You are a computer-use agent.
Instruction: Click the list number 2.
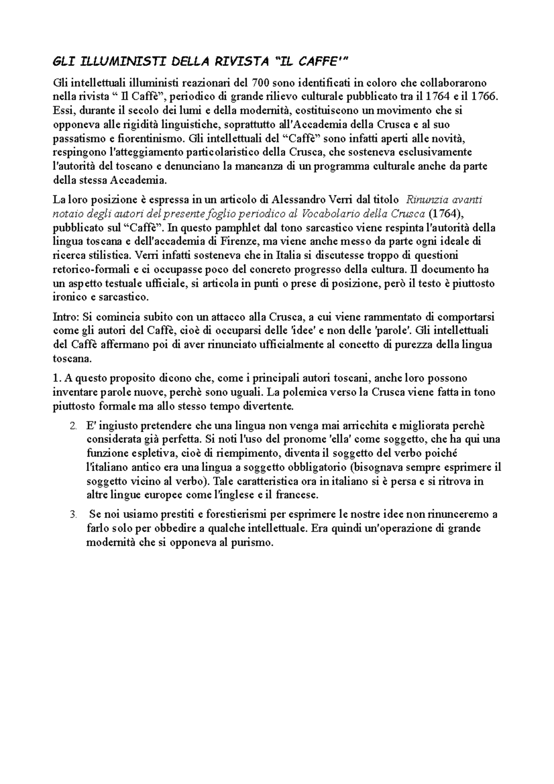pyautogui.click(x=73, y=426)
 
